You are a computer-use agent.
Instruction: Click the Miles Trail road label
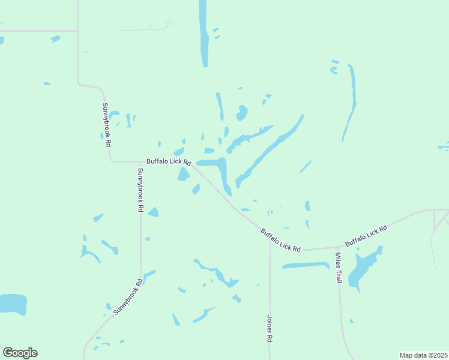(x=339, y=268)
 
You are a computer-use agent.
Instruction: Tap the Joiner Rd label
(x=270, y=329)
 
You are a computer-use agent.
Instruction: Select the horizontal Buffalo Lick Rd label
(x=169, y=161)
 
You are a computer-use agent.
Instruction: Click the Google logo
(x=20, y=353)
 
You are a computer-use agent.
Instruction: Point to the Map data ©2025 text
(x=423, y=355)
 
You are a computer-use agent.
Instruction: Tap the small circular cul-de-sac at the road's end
(x=169, y=24)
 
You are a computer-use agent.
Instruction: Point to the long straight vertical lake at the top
(x=203, y=33)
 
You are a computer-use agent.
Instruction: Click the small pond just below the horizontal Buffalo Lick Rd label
(x=182, y=174)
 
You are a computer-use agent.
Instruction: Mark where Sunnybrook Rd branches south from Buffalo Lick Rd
(x=140, y=161)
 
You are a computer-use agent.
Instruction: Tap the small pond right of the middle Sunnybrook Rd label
(x=153, y=212)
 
